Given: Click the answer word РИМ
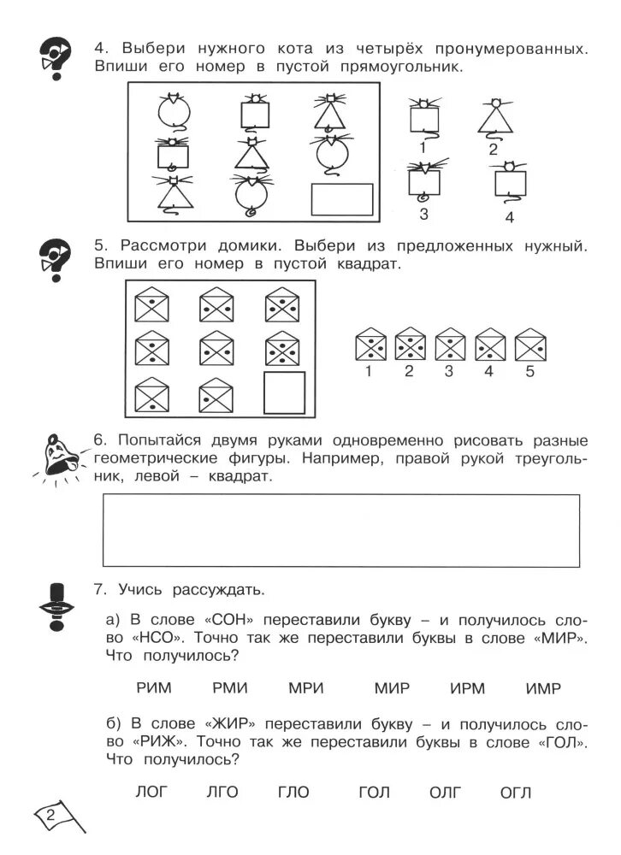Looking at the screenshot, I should [154, 688].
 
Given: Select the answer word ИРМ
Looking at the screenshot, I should [467, 688].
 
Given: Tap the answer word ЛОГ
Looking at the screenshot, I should [153, 793].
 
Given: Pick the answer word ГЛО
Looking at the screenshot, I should [293, 793].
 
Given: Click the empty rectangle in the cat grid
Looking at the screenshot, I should [341, 199].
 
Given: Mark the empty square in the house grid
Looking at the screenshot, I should [284, 392].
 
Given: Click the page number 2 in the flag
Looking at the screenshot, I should [52, 812].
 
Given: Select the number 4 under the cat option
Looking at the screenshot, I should [510, 217].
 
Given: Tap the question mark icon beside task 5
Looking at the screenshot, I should [56, 256].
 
